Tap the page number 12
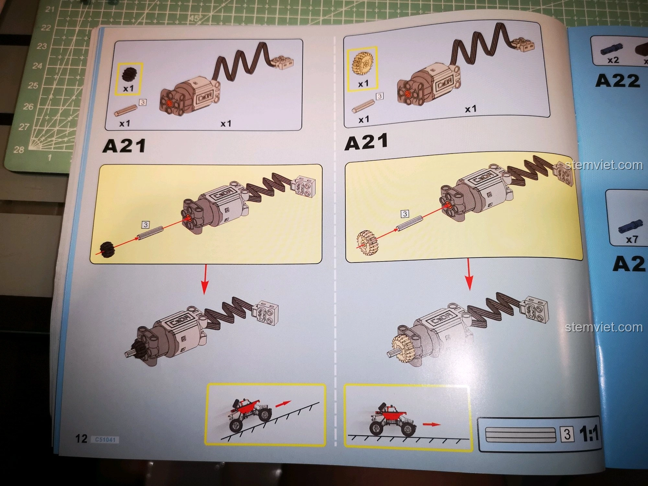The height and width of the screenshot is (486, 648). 81,438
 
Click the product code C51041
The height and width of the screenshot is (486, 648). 105,440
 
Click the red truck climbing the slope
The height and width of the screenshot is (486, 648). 249,415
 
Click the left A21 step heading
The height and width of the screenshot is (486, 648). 124,145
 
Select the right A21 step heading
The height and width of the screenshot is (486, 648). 366,143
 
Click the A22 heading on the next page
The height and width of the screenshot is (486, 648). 618,81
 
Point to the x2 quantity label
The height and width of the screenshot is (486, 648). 613,60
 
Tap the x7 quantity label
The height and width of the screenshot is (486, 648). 632,239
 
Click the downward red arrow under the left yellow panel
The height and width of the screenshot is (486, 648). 204,279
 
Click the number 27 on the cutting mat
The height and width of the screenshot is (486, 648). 24,127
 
